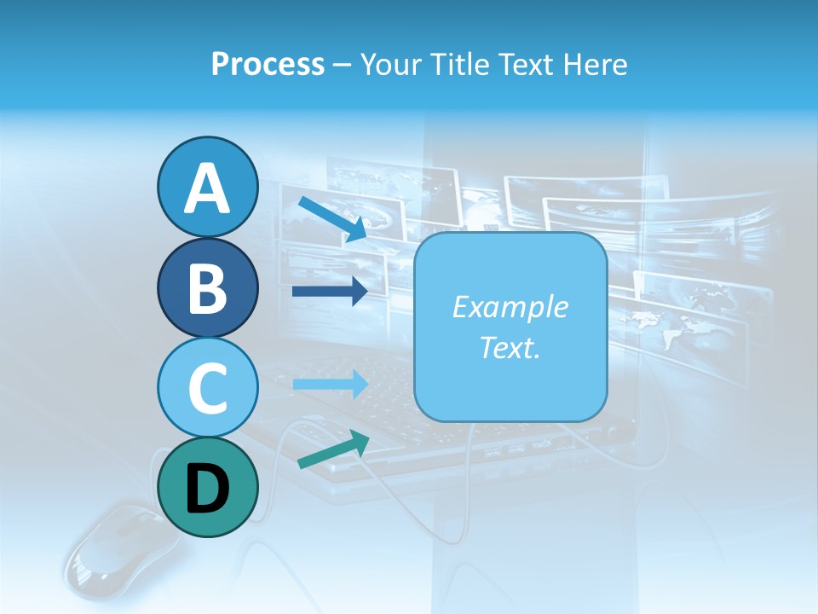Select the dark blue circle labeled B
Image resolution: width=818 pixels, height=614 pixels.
click(207, 287)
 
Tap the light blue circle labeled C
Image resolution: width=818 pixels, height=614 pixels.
click(207, 387)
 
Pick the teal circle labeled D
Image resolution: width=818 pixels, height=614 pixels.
click(207, 488)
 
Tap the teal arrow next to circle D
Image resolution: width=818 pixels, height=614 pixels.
click(333, 450)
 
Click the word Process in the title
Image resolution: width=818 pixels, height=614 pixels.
click(268, 64)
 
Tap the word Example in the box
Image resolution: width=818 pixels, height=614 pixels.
click(510, 307)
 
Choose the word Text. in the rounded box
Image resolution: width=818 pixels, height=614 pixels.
click(510, 347)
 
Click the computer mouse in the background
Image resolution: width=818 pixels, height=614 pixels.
click(111, 554)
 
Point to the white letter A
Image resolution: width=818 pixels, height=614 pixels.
click(207, 189)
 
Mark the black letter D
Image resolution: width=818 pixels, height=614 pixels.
click(207, 489)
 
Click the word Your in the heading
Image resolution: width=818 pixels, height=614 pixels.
click(391, 64)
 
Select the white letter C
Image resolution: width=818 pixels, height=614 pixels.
click(207, 388)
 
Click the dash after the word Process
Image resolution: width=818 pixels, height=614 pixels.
click(341, 65)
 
